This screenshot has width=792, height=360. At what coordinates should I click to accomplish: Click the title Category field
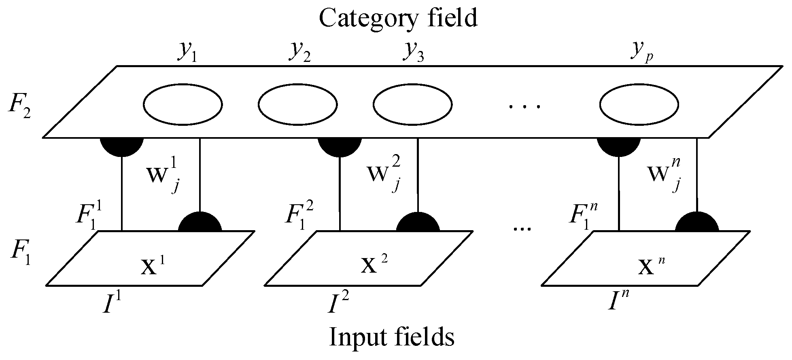[398, 18]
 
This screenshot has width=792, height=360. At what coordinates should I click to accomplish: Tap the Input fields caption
[392, 337]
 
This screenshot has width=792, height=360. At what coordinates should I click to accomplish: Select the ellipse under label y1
[182, 104]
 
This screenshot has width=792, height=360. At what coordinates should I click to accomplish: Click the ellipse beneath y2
[298, 104]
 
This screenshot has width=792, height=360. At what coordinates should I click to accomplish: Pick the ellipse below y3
[412, 104]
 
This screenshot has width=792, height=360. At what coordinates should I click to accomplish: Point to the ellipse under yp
[639, 104]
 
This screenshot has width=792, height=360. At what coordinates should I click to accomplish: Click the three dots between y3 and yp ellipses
[524, 107]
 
